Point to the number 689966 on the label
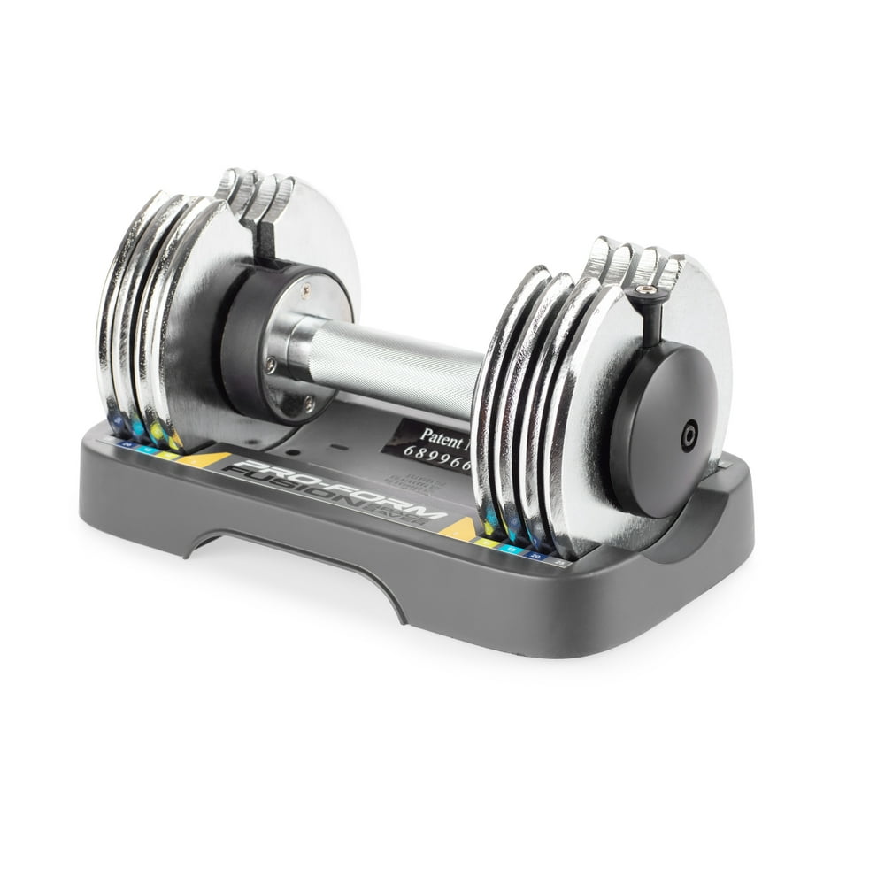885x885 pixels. pyautogui.click(x=437, y=454)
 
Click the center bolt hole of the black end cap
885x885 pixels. pyautogui.click(x=688, y=435)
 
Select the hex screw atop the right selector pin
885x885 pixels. pyautogui.click(x=649, y=289)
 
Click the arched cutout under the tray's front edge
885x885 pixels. pyautogui.click(x=292, y=566)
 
